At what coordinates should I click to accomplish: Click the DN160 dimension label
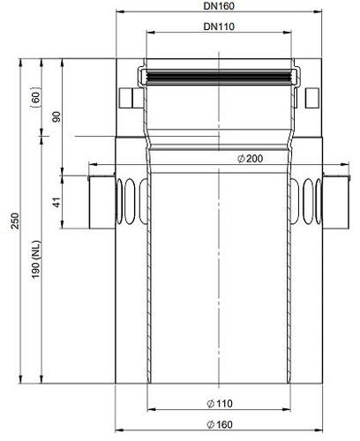coord(219,6)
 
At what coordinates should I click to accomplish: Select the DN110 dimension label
coord(219,26)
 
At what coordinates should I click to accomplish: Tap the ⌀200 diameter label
coord(250,159)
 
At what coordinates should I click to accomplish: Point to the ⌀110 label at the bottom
coord(220,403)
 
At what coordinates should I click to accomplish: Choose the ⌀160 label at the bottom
coord(220,424)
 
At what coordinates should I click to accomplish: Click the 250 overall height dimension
coord(15,220)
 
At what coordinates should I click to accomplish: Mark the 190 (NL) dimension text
coord(36,260)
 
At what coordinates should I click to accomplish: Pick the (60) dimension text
coord(36,97)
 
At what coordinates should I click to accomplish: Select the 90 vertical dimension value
coord(56,116)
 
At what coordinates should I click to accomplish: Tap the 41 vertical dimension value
coord(56,202)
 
